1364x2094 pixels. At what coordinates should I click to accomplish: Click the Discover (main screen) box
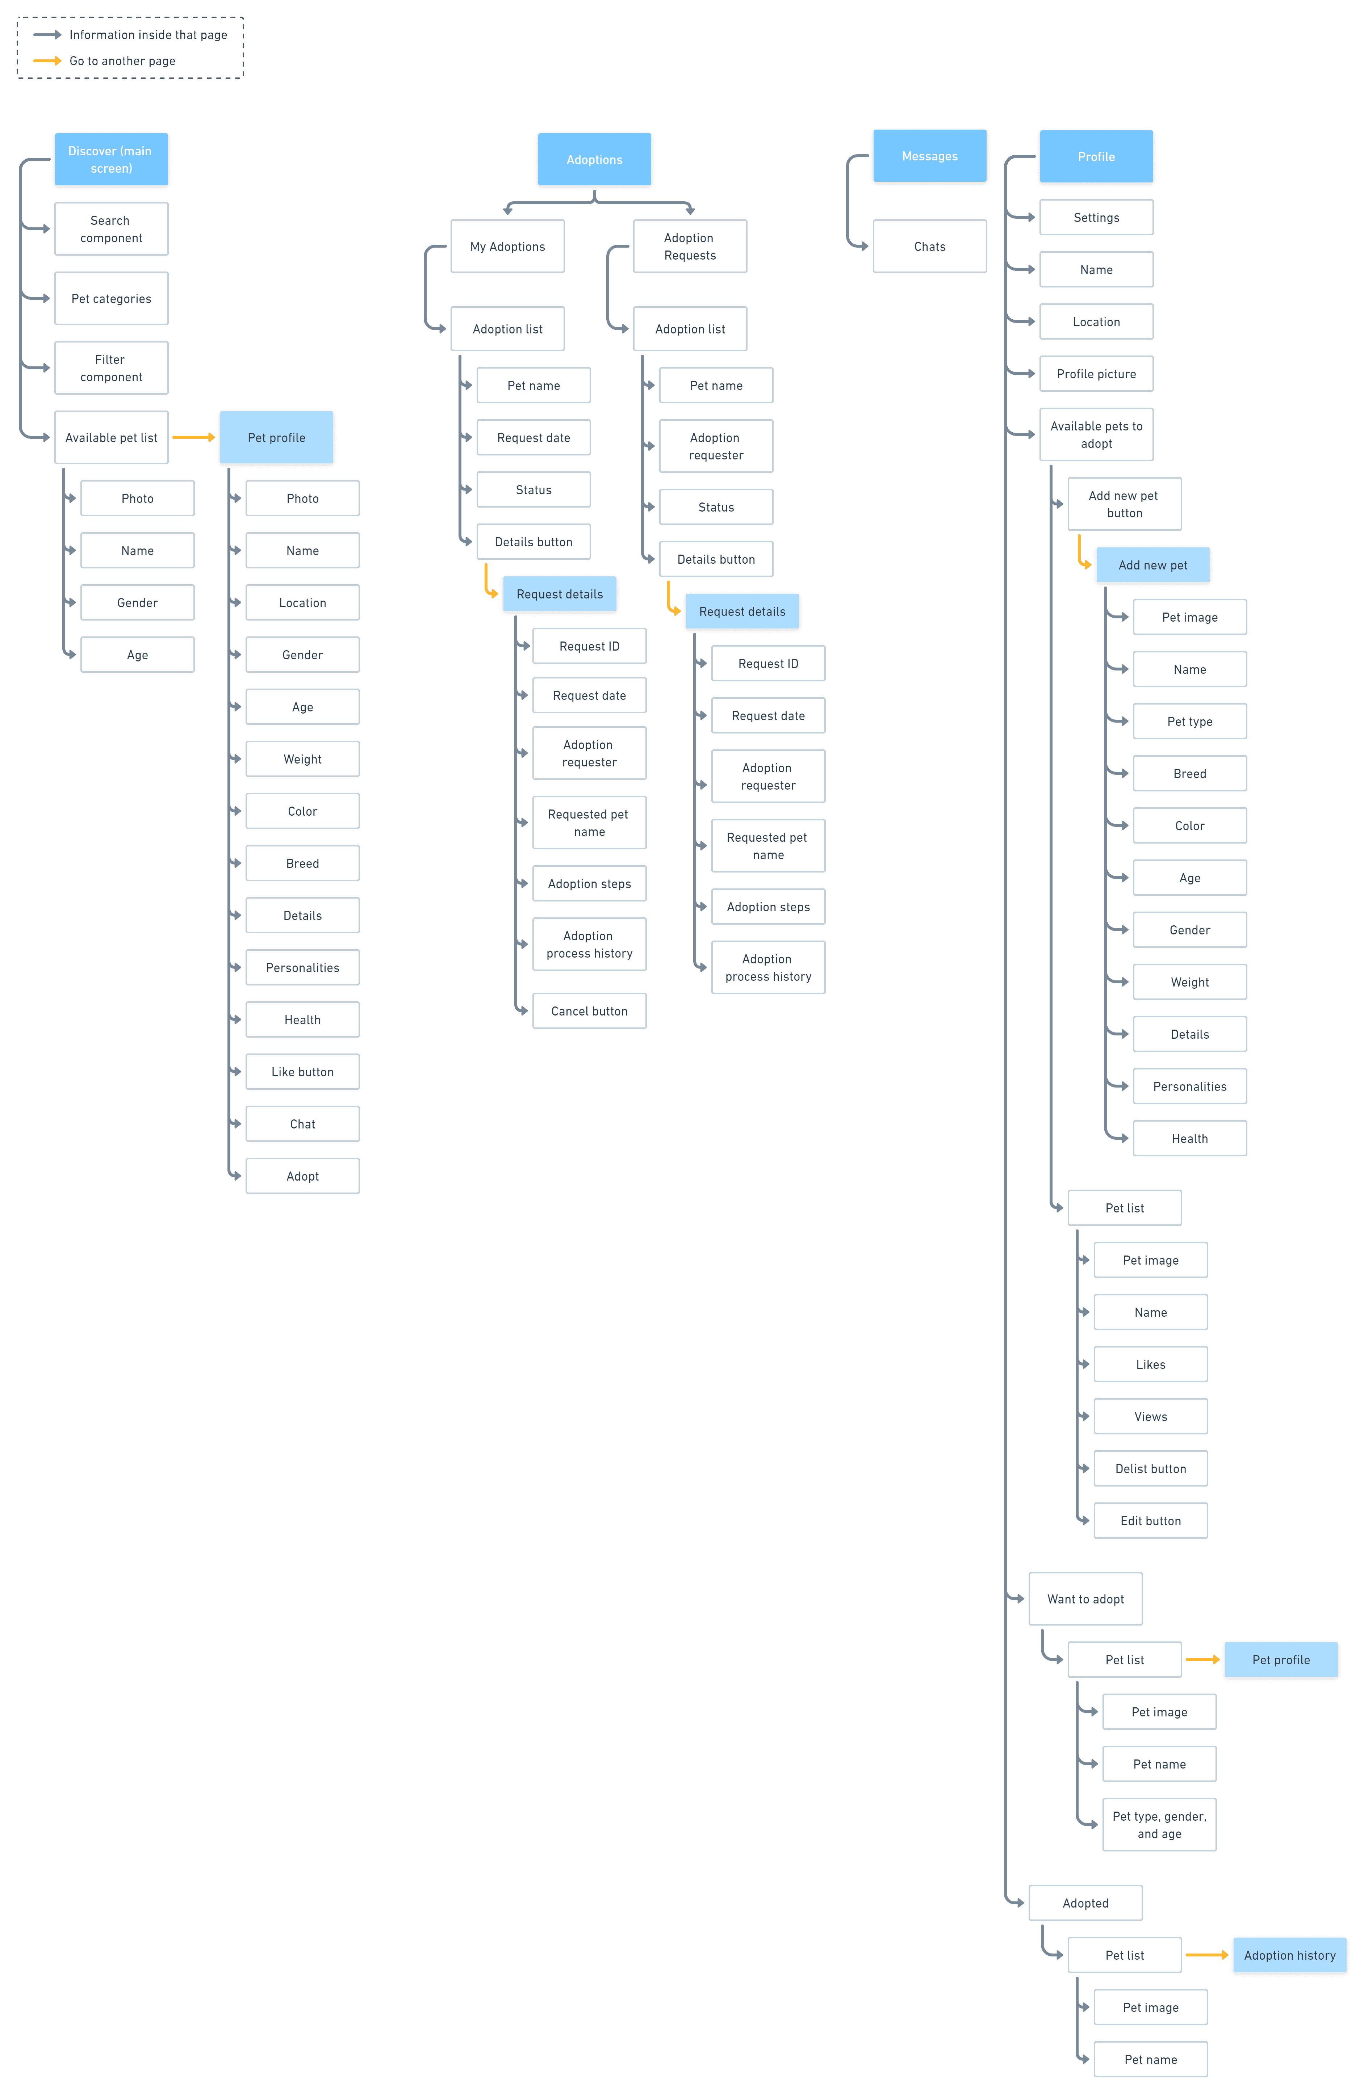(111, 159)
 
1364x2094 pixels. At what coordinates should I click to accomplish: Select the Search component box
(111, 229)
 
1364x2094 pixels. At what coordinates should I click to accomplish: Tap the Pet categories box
(111, 298)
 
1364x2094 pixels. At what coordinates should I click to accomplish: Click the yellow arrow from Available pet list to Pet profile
(194, 437)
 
